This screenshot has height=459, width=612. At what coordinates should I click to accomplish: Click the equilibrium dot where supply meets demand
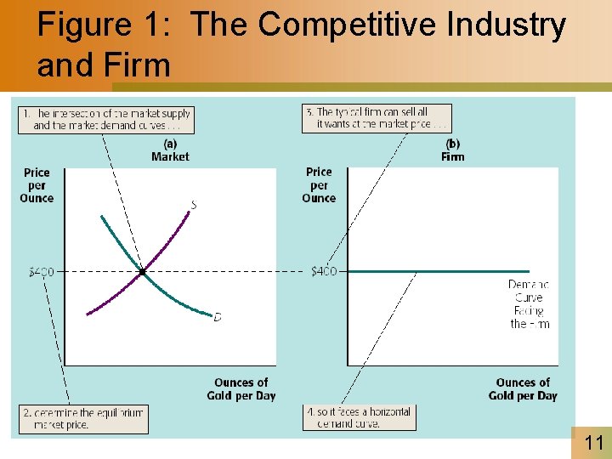[x=142, y=272]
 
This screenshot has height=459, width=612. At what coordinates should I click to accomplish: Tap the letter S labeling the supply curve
[x=194, y=204]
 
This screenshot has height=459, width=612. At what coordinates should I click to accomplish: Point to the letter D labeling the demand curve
[x=217, y=317]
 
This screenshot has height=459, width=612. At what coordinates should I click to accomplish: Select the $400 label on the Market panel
[x=41, y=272]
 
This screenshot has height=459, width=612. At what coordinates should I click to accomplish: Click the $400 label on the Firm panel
[x=323, y=271]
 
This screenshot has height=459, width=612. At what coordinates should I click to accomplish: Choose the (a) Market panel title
[x=170, y=150]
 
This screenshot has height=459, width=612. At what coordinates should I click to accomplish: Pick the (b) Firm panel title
[x=452, y=150]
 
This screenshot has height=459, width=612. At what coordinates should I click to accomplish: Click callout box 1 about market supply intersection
[x=105, y=119]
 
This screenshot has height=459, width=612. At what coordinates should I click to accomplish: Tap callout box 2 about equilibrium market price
[x=83, y=419]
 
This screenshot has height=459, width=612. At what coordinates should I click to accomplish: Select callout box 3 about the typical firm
[x=377, y=118]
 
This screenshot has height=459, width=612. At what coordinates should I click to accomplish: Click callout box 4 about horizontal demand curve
[x=359, y=417]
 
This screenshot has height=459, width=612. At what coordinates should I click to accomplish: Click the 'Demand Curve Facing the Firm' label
[x=530, y=304]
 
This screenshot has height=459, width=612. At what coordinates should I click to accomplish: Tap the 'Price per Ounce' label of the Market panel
[x=37, y=185]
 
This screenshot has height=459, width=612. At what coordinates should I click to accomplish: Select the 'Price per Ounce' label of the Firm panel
[x=319, y=185]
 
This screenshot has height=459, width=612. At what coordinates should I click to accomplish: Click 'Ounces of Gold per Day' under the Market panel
[x=241, y=389]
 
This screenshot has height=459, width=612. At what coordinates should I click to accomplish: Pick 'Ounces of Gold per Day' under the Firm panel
[x=523, y=389]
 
